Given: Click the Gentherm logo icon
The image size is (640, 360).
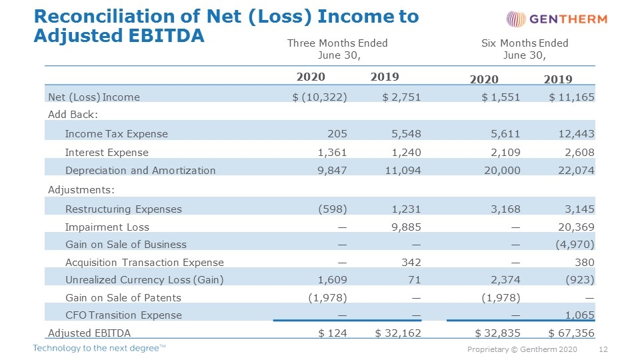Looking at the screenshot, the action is (x=516, y=19).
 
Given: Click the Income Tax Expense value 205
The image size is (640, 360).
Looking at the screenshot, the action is (x=337, y=134).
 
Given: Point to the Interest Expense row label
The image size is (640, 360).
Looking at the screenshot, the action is (x=107, y=153).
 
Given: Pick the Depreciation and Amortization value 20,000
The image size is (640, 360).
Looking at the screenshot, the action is (x=502, y=171).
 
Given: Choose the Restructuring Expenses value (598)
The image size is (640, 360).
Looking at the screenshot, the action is (x=333, y=209).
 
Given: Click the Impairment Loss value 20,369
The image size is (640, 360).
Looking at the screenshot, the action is (x=576, y=227).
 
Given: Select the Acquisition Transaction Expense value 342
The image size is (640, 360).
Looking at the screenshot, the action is (x=411, y=263).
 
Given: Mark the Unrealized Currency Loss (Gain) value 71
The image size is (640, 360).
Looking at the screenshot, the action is (x=414, y=280).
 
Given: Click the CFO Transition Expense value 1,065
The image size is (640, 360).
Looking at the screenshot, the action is (x=579, y=315).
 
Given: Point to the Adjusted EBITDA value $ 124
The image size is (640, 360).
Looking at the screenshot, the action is (x=333, y=333).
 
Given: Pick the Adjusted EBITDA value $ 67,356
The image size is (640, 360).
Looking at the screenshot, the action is (x=571, y=333).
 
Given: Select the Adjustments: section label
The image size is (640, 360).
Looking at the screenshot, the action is (x=81, y=190).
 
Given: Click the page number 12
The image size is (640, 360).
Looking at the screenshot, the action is (x=603, y=349).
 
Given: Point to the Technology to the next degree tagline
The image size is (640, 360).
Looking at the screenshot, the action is (x=99, y=348).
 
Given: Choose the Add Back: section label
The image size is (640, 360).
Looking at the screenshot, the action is (x=73, y=115).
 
